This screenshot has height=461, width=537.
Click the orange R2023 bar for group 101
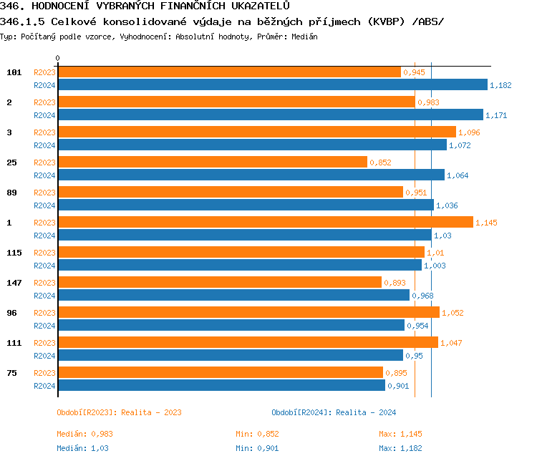pyautogui.click(x=229, y=72)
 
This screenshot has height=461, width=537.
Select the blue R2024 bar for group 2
pyautogui.click(x=271, y=115)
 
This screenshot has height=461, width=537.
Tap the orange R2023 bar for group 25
pyautogui.click(x=212, y=162)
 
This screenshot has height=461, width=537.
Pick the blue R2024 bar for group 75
pyautogui.click(x=221, y=386)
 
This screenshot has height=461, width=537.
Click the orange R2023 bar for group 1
pyautogui.click(x=265, y=223)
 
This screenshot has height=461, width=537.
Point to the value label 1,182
pyautogui.click(x=500, y=85)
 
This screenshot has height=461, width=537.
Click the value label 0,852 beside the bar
pyautogui.click(x=380, y=162)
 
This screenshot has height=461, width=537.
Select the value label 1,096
pyautogui.click(x=469, y=132)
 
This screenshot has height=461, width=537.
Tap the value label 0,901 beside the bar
pyautogui.click(x=398, y=386)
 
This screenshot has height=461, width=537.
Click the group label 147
pyautogui.click(x=14, y=283)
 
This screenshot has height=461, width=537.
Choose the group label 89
pyautogui.click(x=12, y=193)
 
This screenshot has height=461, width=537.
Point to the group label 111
pyautogui.click(x=14, y=343)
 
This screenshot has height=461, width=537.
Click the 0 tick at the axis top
pyautogui.click(x=58, y=59)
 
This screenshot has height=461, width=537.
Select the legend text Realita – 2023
pyautogui.click(x=151, y=412)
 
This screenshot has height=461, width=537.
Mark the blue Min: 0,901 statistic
pyautogui.click(x=257, y=448)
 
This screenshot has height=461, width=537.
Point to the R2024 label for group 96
pyautogui.click(x=44, y=326)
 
